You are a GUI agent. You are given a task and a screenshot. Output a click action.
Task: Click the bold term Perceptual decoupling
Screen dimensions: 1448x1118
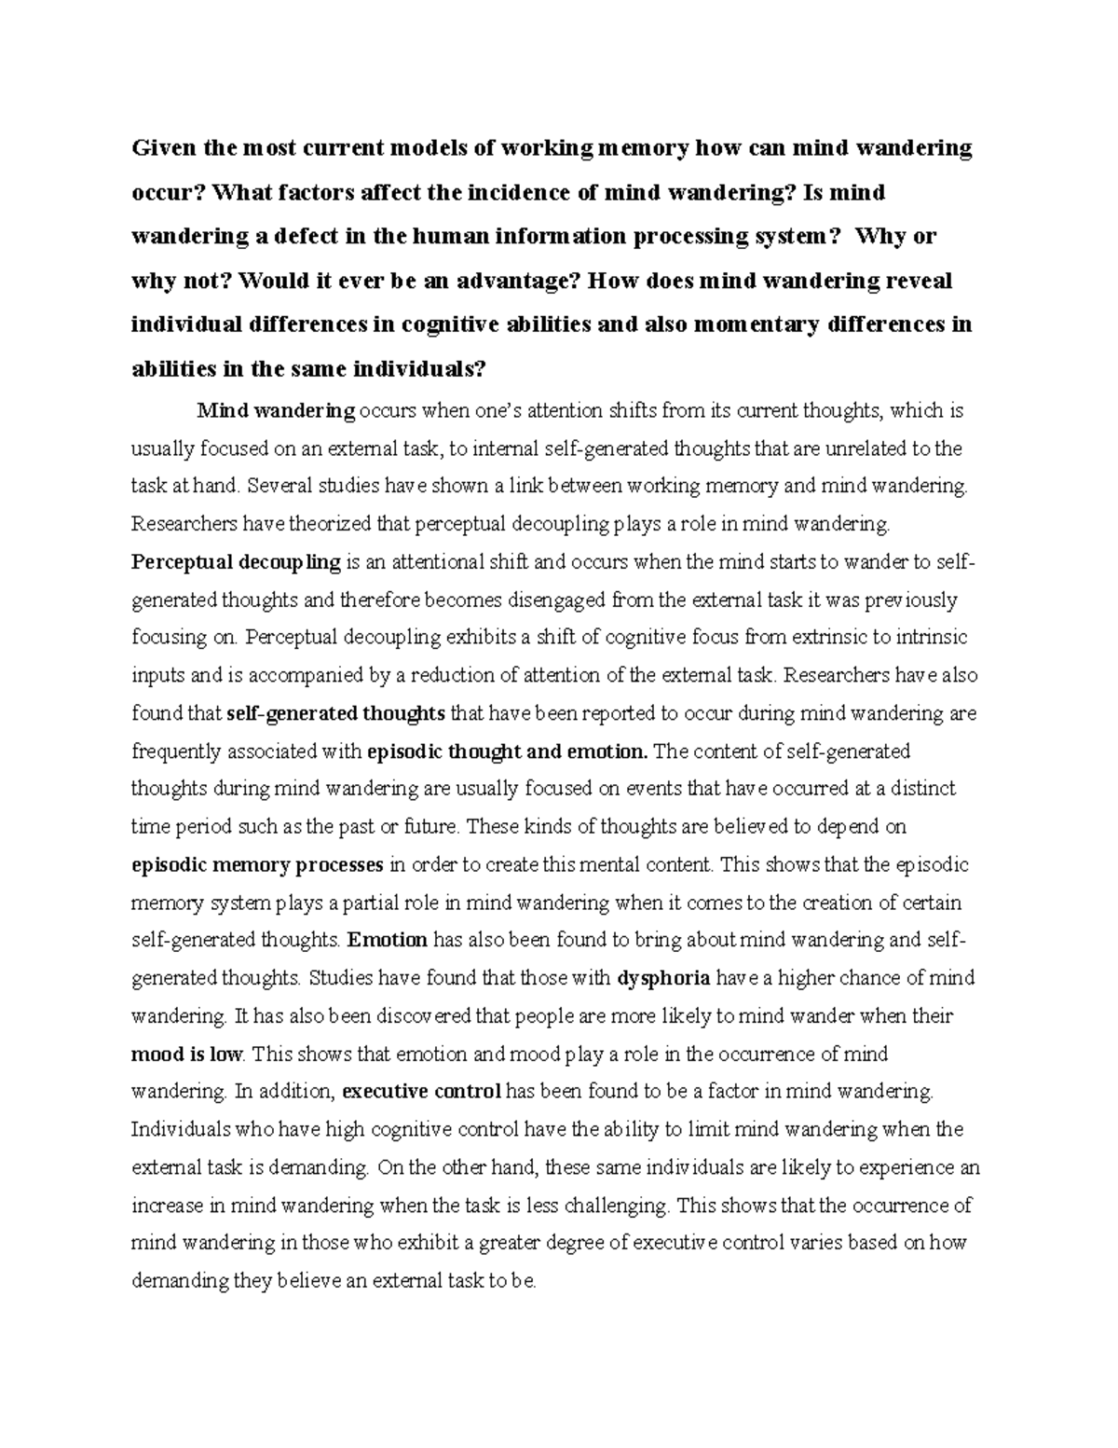point(237,562)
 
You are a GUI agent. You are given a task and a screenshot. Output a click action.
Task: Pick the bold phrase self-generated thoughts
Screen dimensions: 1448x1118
point(336,714)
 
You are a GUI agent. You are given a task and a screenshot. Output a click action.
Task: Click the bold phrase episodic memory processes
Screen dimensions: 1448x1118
point(257,865)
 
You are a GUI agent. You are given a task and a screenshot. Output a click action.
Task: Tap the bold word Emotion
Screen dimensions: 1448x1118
point(387,940)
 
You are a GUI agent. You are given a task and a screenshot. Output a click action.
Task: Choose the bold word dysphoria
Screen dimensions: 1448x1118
point(664,978)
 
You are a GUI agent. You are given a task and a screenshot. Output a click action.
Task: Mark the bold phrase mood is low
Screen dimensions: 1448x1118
point(186,1055)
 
